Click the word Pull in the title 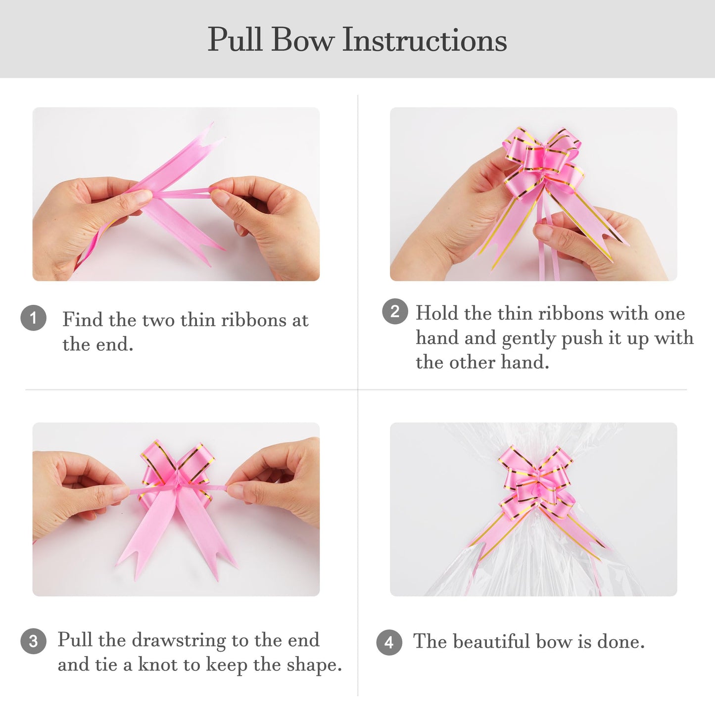(235, 39)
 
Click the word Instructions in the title (424, 39)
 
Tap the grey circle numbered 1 (33, 318)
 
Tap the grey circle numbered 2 (395, 311)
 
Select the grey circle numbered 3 (33, 641)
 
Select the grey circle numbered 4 (389, 642)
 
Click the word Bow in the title (302, 39)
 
